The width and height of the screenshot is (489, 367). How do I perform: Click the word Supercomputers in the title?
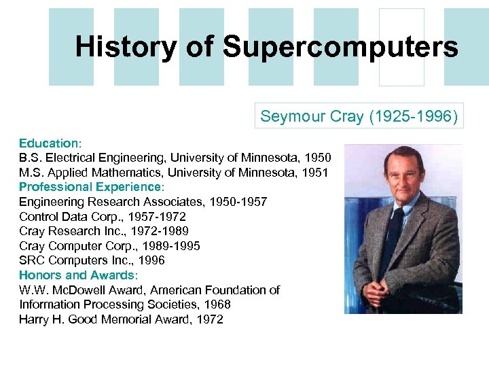(340, 47)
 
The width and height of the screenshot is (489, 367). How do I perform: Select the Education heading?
(50, 143)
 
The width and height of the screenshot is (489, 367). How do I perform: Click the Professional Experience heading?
(92, 187)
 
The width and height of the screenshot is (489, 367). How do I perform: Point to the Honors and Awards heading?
(78, 275)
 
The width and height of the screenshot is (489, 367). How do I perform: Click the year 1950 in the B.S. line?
(318, 158)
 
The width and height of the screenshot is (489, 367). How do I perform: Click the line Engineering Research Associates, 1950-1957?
(143, 202)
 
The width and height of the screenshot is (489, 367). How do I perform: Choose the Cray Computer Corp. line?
(109, 246)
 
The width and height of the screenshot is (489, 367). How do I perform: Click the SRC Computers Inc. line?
(92, 260)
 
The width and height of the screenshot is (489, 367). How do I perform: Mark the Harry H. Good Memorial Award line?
(121, 319)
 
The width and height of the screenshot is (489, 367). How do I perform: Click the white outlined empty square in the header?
(401, 47)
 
